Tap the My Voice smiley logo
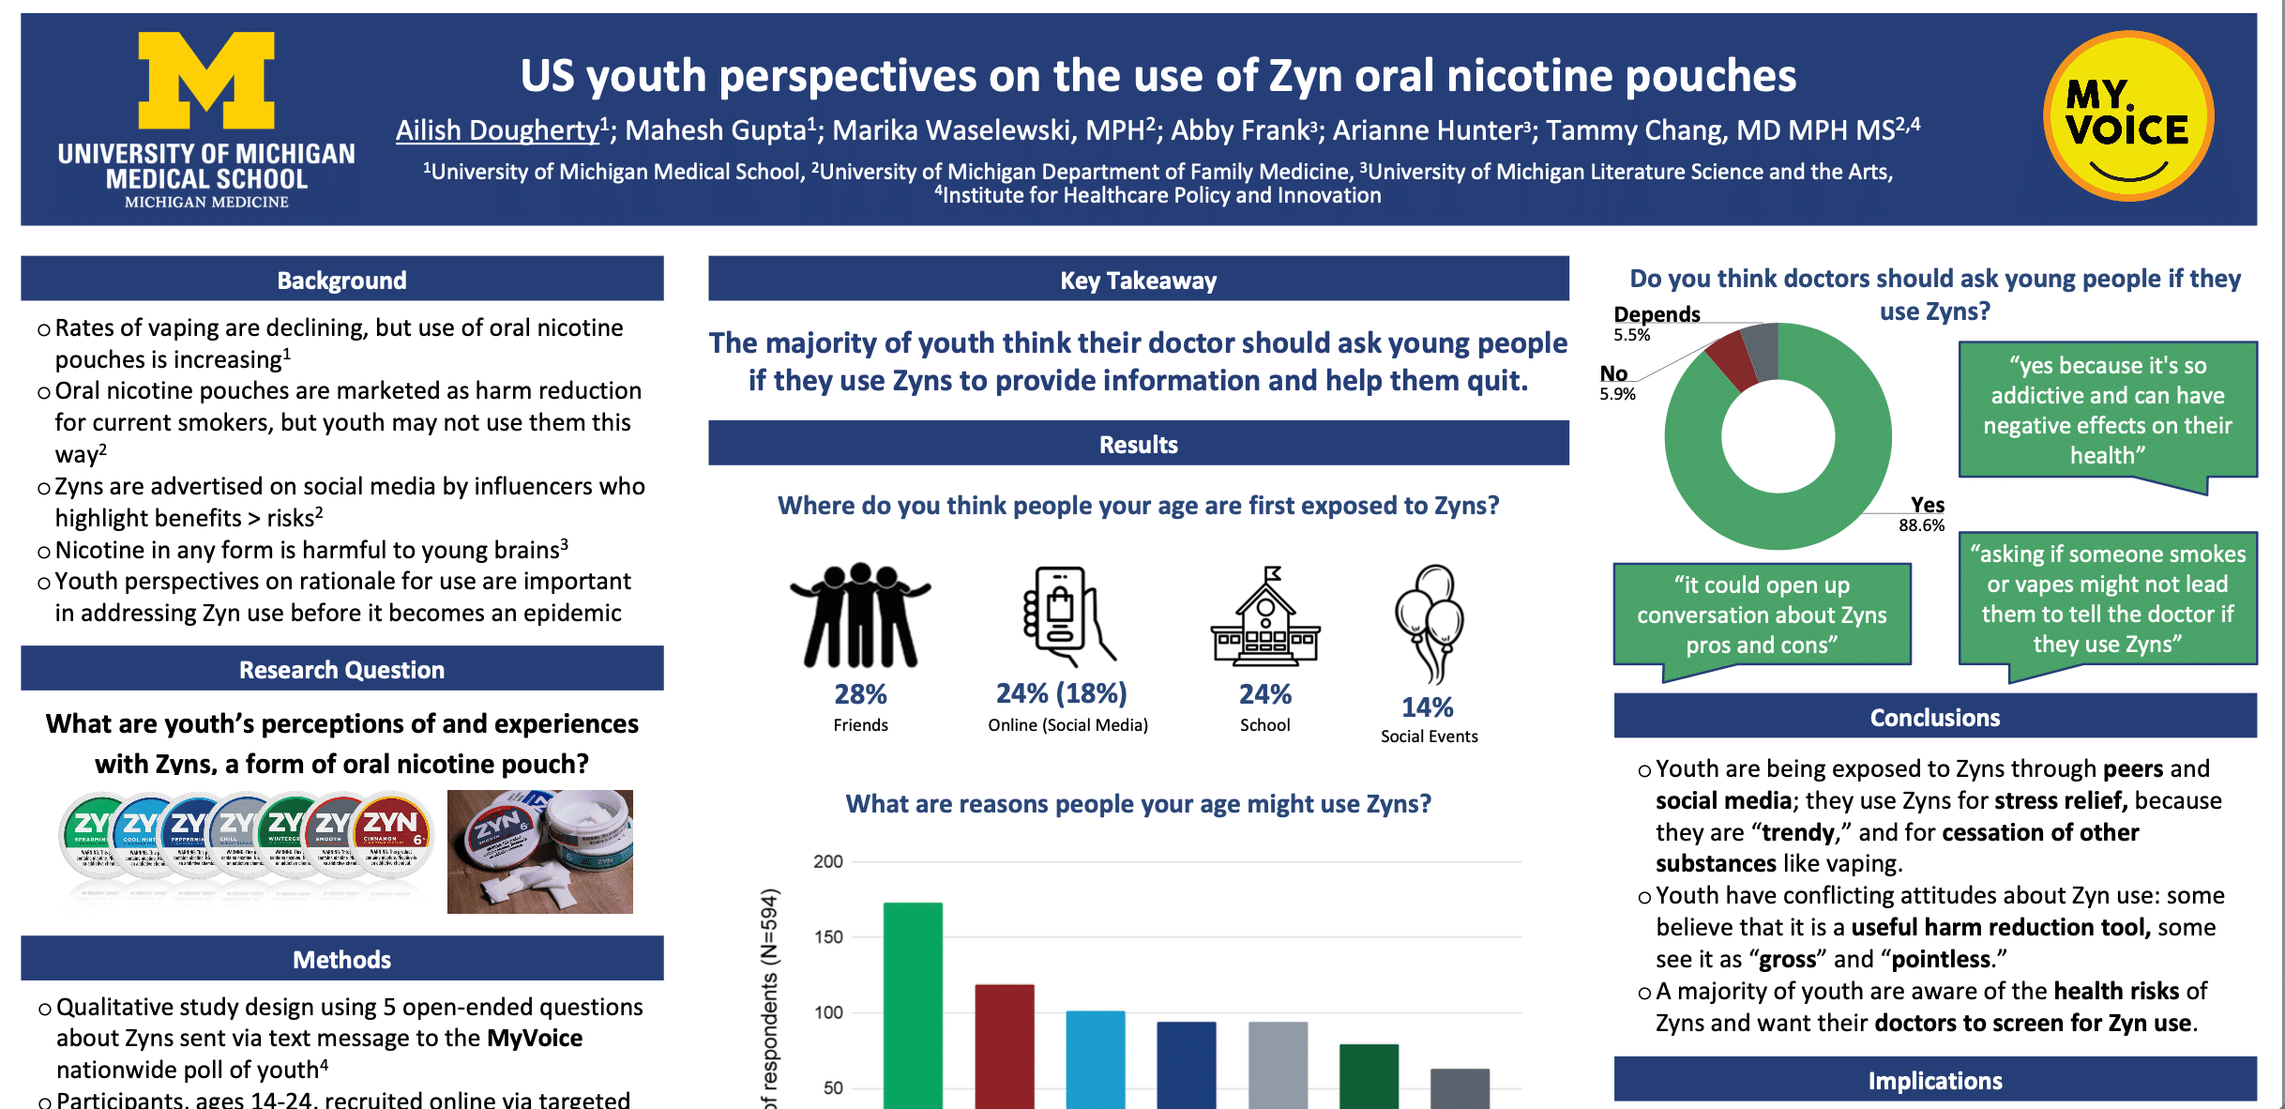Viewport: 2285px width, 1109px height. (2127, 116)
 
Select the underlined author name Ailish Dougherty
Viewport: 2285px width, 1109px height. (497, 130)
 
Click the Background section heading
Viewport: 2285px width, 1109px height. (341, 280)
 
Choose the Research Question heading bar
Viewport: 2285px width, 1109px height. (341, 669)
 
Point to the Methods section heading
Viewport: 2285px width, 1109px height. (341, 959)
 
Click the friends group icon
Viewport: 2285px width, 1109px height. (860, 615)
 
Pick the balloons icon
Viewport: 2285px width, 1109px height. (1429, 621)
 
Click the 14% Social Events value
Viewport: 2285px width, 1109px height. (1427, 707)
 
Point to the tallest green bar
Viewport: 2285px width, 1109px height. (912, 1004)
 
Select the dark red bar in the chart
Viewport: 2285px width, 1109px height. (1004, 1046)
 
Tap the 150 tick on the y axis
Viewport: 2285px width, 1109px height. (828, 936)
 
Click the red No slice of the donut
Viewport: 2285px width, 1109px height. (1730, 359)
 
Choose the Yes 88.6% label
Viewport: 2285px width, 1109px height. (1924, 514)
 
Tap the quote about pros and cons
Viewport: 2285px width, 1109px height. (1761, 615)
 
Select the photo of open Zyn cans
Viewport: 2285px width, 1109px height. (539, 851)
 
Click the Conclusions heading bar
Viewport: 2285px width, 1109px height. (1934, 717)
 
